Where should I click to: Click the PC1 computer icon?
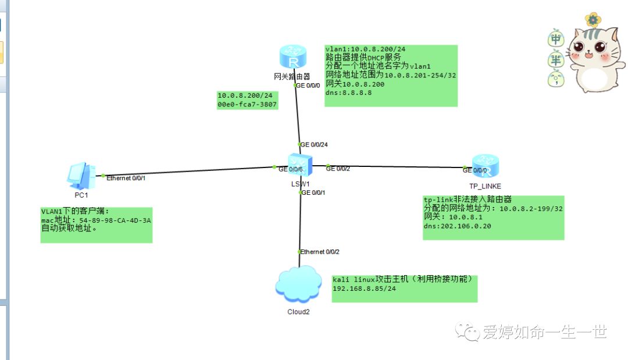click(x=80, y=174)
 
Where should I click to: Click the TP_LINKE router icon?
click(x=485, y=167)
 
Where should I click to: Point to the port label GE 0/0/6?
click(x=291, y=169)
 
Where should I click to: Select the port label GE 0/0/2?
click(x=338, y=169)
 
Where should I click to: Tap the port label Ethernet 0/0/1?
click(x=126, y=177)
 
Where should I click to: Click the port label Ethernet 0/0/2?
click(x=320, y=252)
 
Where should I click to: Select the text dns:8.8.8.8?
click(x=349, y=92)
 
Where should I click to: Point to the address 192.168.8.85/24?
click(x=364, y=288)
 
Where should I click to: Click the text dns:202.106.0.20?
click(x=458, y=226)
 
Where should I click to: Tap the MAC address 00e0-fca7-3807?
click(x=247, y=105)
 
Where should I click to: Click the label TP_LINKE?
click(x=485, y=186)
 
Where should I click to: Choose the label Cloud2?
click(x=298, y=312)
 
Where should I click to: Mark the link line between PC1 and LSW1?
click(x=186, y=171)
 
